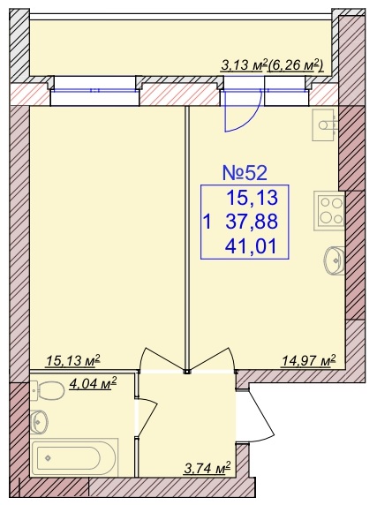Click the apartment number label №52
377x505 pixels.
(x=245, y=173)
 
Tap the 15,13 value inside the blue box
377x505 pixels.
(x=253, y=198)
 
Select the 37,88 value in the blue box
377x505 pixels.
(x=252, y=222)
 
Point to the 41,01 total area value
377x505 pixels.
(x=251, y=247)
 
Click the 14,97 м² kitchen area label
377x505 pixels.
(x=309, y=360)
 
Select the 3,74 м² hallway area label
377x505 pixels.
(x=207, y=467)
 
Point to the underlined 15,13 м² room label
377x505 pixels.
(x=74, y=361)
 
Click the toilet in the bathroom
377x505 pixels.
(x=48, y=390)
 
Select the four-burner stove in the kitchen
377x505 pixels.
(x=329, y=211)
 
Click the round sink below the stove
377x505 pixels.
(x=335, y=260)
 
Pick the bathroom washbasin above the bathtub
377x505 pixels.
(x=40, y=422)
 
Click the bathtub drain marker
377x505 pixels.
(x=48, y=457)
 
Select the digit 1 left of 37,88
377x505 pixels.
(x=208, y=222)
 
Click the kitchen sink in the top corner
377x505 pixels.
(x=324, y=124)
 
